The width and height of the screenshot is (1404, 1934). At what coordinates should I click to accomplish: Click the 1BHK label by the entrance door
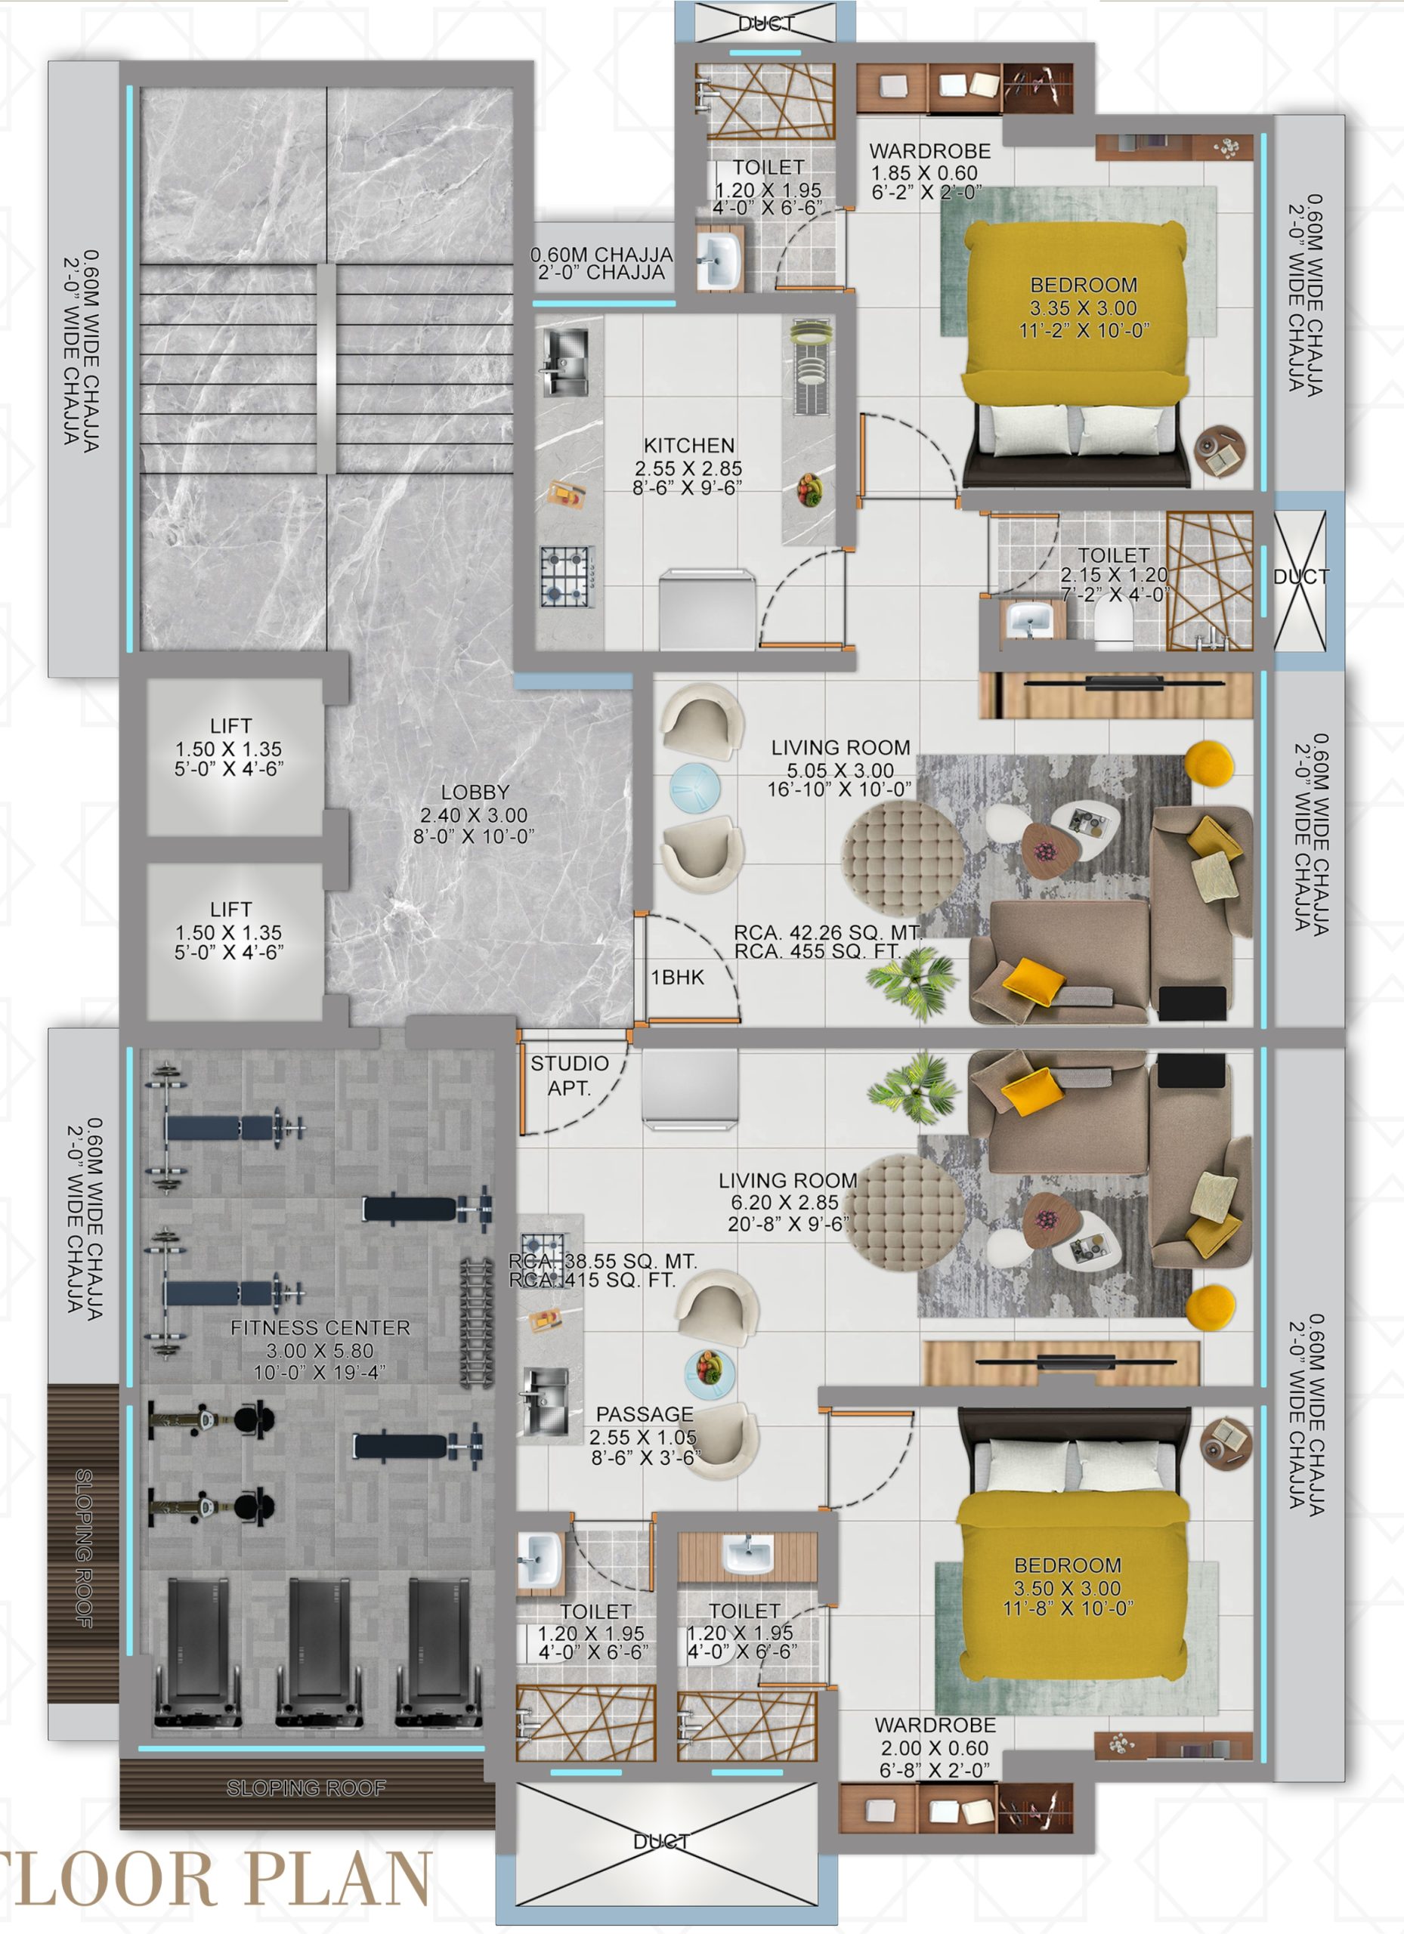[x=677, y=978]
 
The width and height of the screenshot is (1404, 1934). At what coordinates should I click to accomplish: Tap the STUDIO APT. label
[x=569, y=1075]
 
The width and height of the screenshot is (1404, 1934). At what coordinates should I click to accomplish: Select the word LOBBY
[x=475, y=792]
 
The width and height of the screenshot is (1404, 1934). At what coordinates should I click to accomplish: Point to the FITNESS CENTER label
[x=320, y=1327]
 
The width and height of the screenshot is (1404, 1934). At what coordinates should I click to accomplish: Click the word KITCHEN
[x=688, y=445]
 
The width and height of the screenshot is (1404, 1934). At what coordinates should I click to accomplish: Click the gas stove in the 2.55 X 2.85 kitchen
[x=567, y=576]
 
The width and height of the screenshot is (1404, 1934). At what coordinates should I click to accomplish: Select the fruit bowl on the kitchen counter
[x=809, y=490]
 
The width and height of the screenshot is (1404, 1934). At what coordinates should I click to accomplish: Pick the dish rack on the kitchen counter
[x=809, y=367]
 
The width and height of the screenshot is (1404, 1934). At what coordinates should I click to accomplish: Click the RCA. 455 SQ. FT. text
[x=817, y=951]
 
